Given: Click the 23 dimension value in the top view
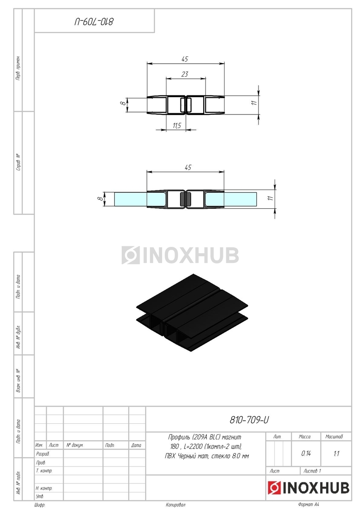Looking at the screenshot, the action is tap(185, 74).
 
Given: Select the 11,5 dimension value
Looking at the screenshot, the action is tap(177, 126).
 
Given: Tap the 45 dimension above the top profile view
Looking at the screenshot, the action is tap(185, 59).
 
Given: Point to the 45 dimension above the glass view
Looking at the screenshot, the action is tap(188, 168).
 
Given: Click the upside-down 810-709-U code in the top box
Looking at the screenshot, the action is tap(94, 22).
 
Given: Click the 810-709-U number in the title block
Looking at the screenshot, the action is tap(249, 420).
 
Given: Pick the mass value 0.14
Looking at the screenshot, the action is tap(306, 453).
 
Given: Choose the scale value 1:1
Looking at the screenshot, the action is tap(336, 454).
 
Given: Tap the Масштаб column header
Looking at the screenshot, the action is tap(334, 436).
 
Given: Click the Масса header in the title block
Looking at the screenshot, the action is tap(304, 436).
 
